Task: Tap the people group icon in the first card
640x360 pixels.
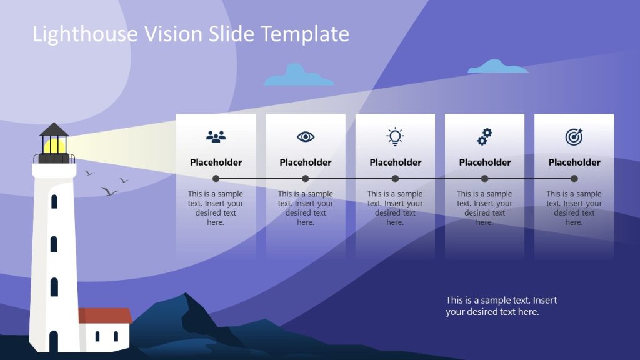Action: (x=216, y=136)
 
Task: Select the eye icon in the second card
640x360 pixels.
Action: (x=306, y=136)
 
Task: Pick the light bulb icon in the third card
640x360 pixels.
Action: (x=395, y=136)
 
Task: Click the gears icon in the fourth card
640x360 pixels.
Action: (x=484, y=136)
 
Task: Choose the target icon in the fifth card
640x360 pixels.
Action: (x=574, y=136)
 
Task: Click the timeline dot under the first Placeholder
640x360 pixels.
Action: (x=216, y=178)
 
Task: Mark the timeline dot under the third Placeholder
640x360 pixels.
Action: (x=395, y=178)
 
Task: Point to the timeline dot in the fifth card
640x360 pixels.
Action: (x=574, y=178)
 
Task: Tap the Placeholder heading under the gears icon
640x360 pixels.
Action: (x=484, y=162)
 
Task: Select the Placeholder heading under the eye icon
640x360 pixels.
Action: (x=306, y=162)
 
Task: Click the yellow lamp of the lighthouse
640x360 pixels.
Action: (x=54, y=146)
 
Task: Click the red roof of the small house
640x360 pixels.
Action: (x=106, y=316)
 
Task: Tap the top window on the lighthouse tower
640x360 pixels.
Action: (x=54, y=202)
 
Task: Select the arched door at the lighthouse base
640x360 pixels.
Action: (x=54, y=341)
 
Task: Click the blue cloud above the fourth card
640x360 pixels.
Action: (x=497, y=66)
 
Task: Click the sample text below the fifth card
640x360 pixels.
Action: (x=501, y=306)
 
